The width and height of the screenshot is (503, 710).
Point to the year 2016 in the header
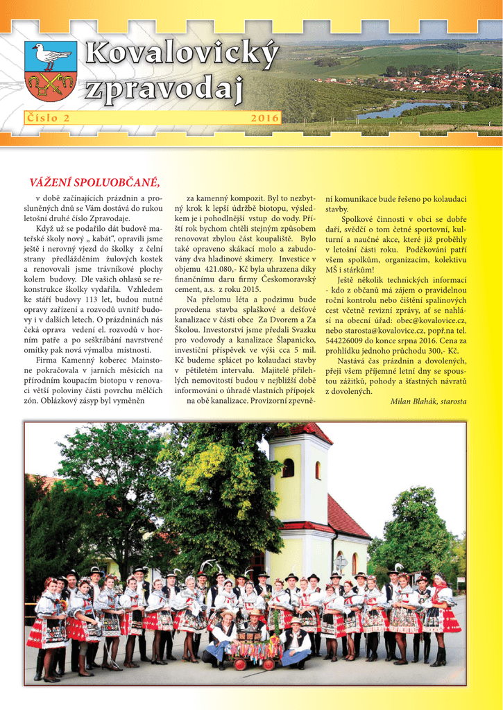coord(264,119)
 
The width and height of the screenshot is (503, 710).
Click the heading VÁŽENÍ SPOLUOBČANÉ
coord(94,182)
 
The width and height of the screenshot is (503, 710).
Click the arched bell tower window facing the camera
coord(288,468)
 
